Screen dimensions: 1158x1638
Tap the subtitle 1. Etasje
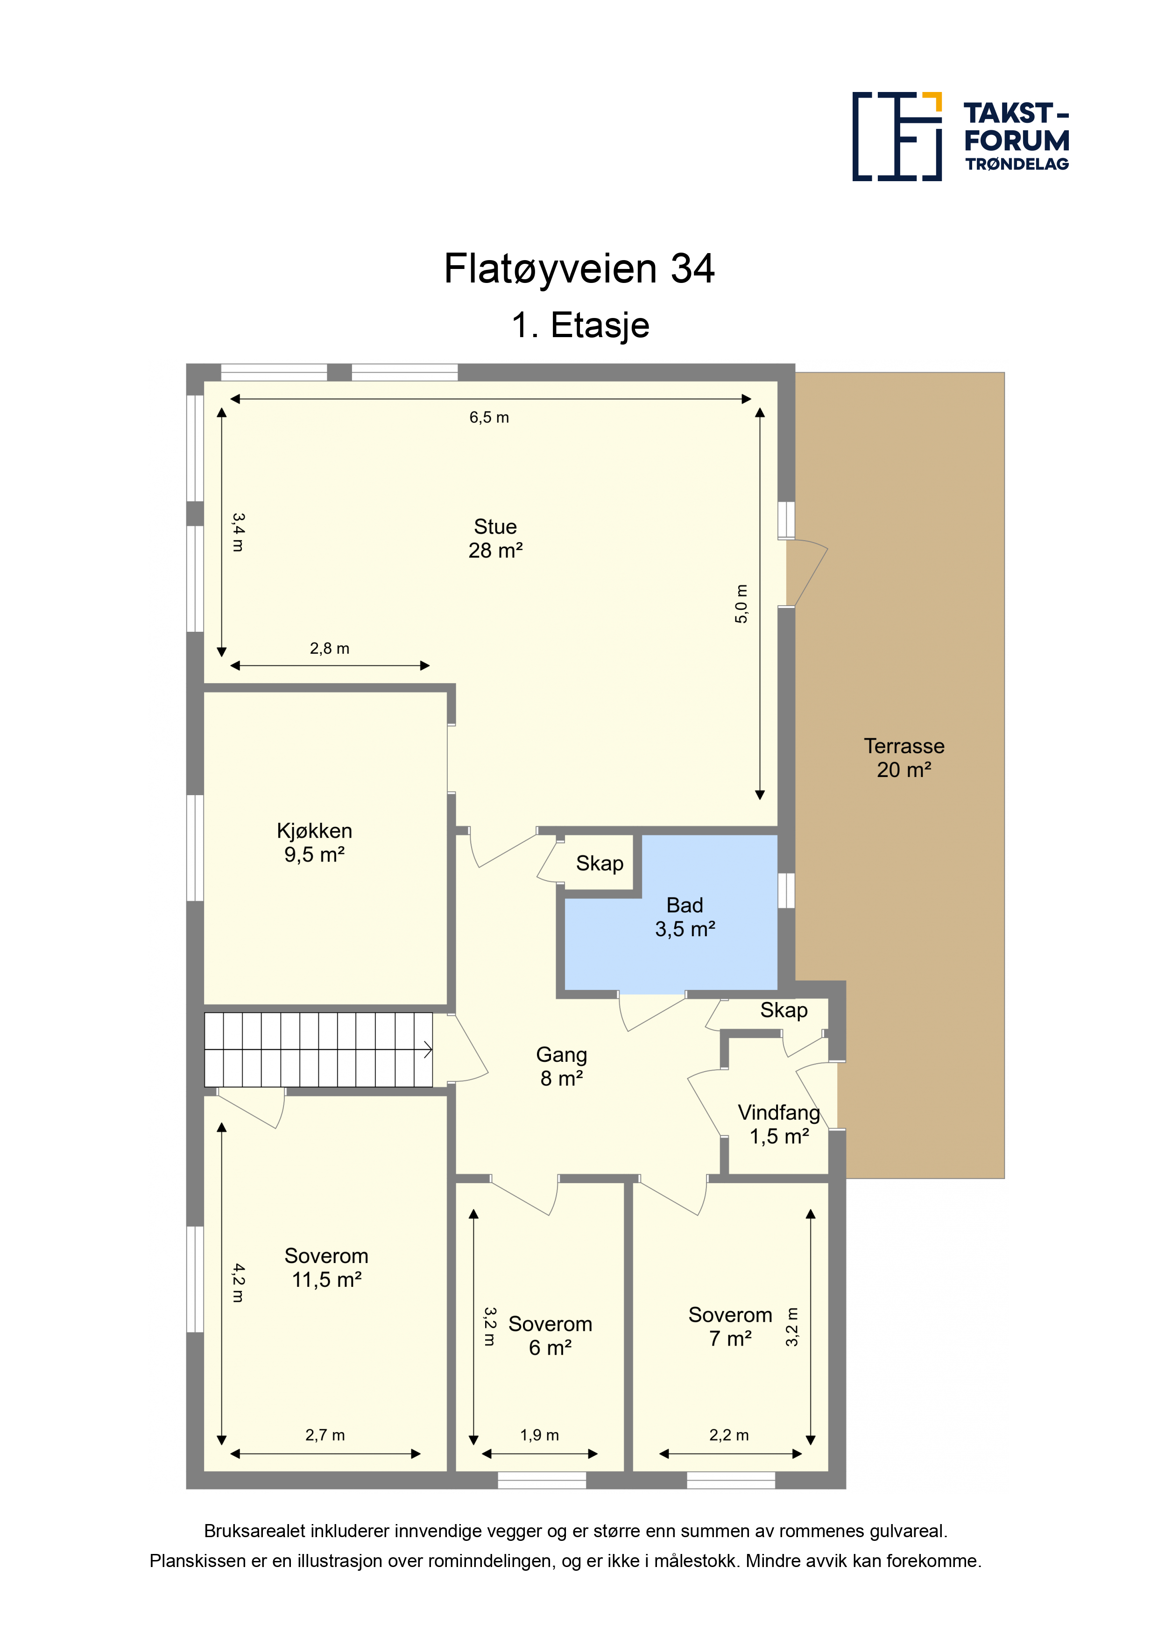(580, 325)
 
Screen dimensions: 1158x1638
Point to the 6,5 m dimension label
(489, 417)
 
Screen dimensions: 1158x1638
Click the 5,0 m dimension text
(741, 604)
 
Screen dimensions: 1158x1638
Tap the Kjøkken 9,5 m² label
(315, 842)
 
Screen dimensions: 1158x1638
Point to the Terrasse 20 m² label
(904, 758)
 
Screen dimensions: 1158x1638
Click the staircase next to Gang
(318, 1050)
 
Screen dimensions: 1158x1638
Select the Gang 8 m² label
(562, 1066)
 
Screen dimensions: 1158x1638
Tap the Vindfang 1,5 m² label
(779, 1124)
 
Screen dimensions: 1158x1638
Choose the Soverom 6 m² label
(550, 1335)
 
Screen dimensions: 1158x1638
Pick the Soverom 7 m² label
(730, 1326)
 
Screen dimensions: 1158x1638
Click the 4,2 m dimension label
(238, 1283)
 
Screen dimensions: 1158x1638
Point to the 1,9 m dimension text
(539, 1435)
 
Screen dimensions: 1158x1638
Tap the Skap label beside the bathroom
(600, 863)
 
